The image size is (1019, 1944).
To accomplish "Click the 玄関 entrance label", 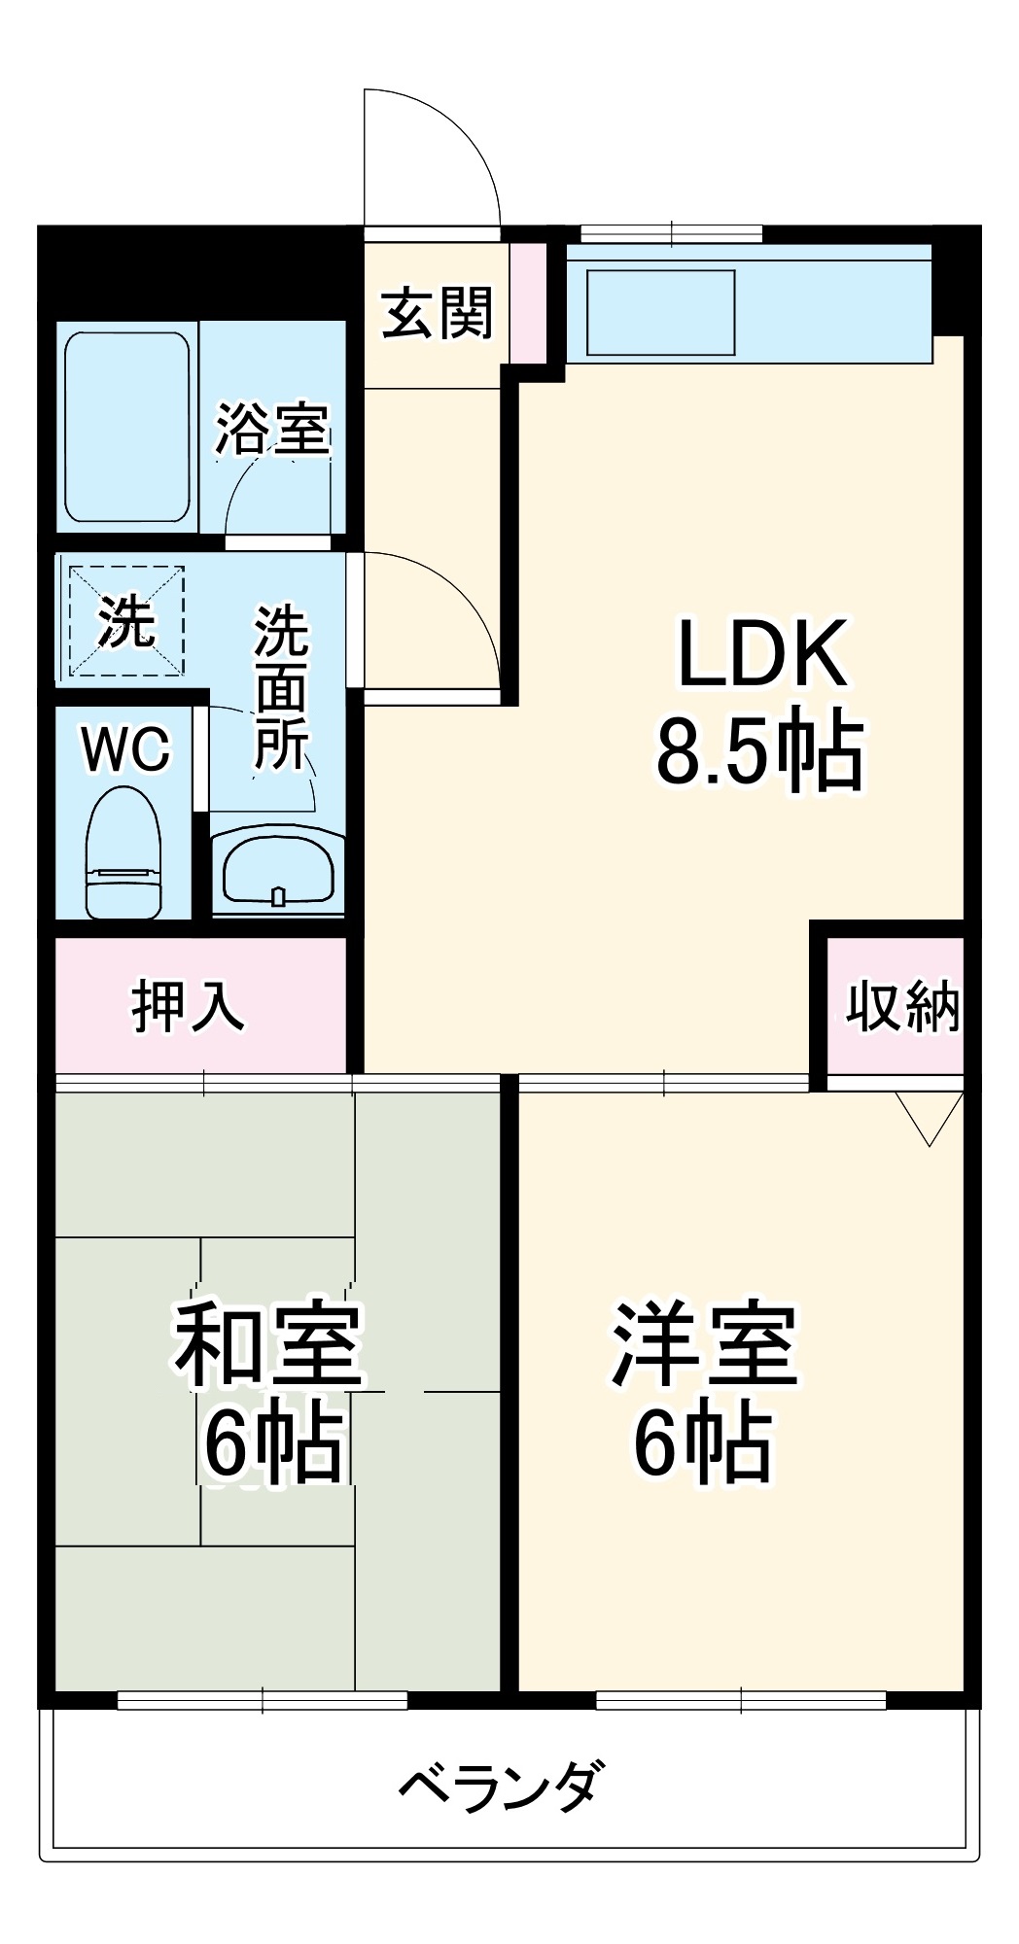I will click(x=437, y=313).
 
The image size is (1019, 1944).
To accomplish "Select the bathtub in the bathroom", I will click(x=126, y=428).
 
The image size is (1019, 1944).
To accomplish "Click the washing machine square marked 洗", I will click(x=126, y=620).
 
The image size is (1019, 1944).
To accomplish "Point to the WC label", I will click(x=125, y=749).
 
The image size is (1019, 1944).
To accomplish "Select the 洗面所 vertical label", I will click(x=282, y=687).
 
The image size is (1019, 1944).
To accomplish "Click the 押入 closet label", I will click(x=189, y=1006).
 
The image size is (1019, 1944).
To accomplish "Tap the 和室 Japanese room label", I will click(x=269, y=1346).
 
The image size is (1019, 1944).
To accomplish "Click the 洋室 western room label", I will click(x=705, y=1346).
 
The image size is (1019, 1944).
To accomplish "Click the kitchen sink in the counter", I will click(x=661, y=312).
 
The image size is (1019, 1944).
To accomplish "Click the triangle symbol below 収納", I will click(x=930, y=1116).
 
